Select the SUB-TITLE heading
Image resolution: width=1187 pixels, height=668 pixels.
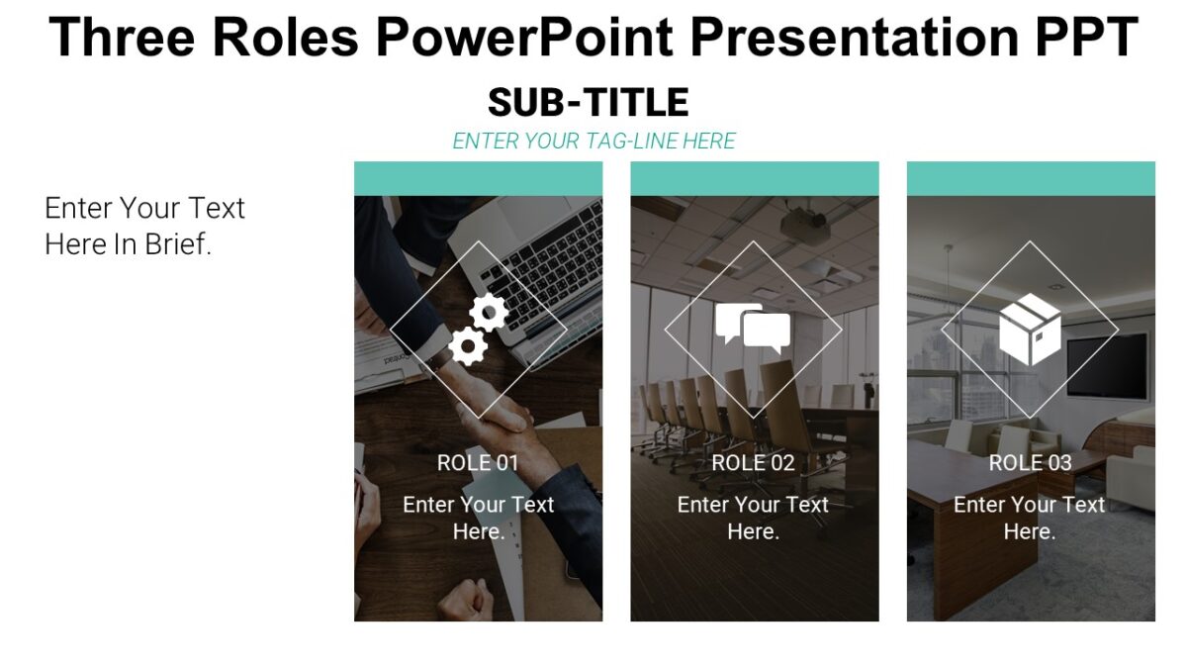point(588,102)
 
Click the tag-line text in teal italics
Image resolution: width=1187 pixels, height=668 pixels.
point(593,142)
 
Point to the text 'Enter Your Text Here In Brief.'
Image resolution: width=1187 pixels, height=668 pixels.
point(144,226)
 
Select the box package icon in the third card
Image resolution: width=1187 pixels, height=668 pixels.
point(1030,329)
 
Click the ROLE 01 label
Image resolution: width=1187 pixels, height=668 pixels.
point(478,462)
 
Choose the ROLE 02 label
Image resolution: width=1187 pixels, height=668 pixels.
point(753,462)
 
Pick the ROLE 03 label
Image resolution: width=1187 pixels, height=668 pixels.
point(1030,462)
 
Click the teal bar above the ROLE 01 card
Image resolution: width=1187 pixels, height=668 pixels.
point(478,178)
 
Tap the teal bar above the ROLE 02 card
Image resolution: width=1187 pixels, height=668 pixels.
point(754,178)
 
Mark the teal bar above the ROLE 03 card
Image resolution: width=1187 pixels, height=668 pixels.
point(1031,178)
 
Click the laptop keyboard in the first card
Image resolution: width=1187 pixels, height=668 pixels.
point(549,252)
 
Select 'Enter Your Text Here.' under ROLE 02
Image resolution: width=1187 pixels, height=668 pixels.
point(753,518)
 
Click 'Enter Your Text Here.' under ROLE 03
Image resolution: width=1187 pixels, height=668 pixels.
point(1030,518)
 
